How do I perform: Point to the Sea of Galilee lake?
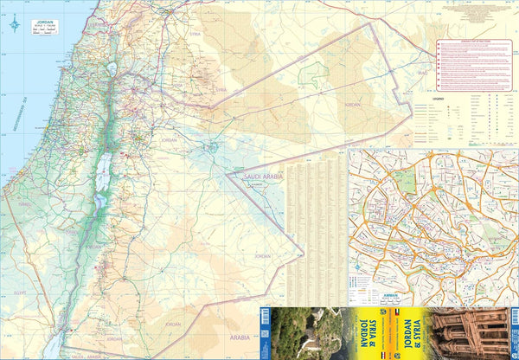111,69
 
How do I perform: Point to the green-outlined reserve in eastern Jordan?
310,74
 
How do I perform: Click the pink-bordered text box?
474,65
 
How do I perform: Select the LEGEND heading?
440,99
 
